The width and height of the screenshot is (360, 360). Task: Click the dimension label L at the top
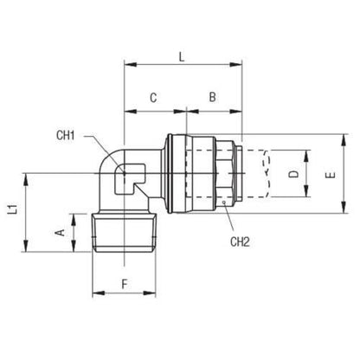[x=182, y=57]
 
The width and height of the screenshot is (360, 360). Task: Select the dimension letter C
[x=153, y=98]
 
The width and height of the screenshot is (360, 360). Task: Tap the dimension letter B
[x=213, y=97]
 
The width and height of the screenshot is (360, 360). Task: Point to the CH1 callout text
[x=66, y=135]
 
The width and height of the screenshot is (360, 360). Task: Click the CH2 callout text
[x=240, y=241]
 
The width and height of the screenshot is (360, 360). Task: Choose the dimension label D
[x=294, y=174]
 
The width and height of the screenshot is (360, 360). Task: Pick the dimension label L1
[x=12, y=209]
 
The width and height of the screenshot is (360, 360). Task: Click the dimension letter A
[x=60, y=232]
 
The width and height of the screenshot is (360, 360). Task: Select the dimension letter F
[x=125, y=284]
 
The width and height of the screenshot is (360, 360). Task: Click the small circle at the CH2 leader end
[x=223, y=202]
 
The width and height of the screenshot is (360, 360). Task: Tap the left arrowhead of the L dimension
[x=131, y=64]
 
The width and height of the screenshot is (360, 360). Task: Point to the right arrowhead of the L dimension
[x=236, y=64]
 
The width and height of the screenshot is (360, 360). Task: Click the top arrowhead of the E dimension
[x=344, y=140]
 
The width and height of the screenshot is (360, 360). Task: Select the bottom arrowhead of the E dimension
[x=344, y=208]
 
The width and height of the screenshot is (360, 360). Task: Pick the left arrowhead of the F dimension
[x=99, y=293]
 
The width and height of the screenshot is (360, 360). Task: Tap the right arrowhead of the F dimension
[x=150, y=293]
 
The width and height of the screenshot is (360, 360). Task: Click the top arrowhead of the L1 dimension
[x=26, y=180]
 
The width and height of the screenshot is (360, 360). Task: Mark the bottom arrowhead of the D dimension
[x=306, y=191]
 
